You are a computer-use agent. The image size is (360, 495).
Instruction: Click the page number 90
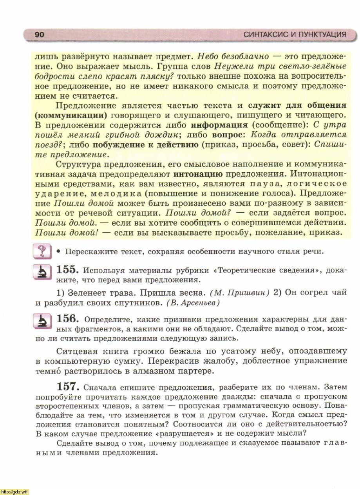coord(40,34)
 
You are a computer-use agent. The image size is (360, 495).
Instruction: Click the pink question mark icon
coord(42,251)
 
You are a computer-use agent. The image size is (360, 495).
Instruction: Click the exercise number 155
coord(68,269)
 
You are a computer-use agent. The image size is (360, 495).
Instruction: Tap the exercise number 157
coord(68,387)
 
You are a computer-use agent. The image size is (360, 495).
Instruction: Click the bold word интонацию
coord(198,174)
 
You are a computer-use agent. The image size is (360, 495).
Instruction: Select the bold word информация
coord(219,125)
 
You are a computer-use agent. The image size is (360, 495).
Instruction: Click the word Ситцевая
coord(76,351)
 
